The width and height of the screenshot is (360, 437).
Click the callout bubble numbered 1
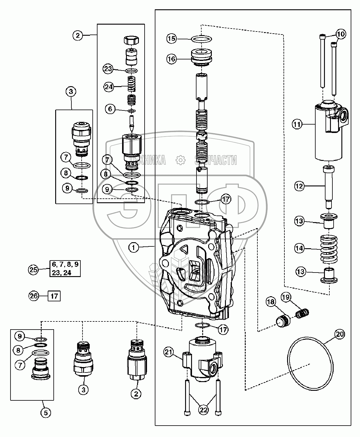[134, 247]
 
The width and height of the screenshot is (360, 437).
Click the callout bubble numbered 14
[299, 248]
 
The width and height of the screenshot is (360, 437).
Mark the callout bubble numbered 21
[169, 352]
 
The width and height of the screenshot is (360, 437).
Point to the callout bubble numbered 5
[46, 413]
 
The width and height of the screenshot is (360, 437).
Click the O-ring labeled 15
[202, 39]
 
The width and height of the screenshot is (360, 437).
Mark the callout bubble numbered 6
[110, 109]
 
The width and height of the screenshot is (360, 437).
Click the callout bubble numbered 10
[341, 34]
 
